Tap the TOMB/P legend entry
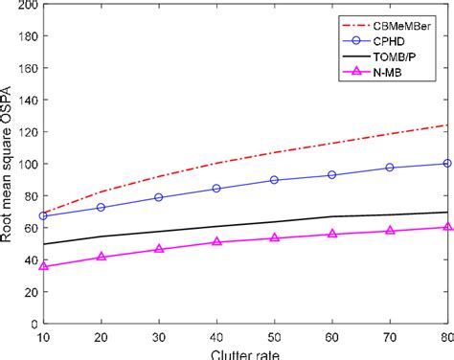[389, 59]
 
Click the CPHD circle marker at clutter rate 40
[216, 189]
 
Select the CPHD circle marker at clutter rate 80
[446, 164]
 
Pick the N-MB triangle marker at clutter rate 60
[331, 234]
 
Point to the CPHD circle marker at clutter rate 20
[102, 208]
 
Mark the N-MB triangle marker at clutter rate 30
[159, 249]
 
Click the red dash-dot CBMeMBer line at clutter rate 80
[445, 125]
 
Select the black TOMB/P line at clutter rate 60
[331, 216]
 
